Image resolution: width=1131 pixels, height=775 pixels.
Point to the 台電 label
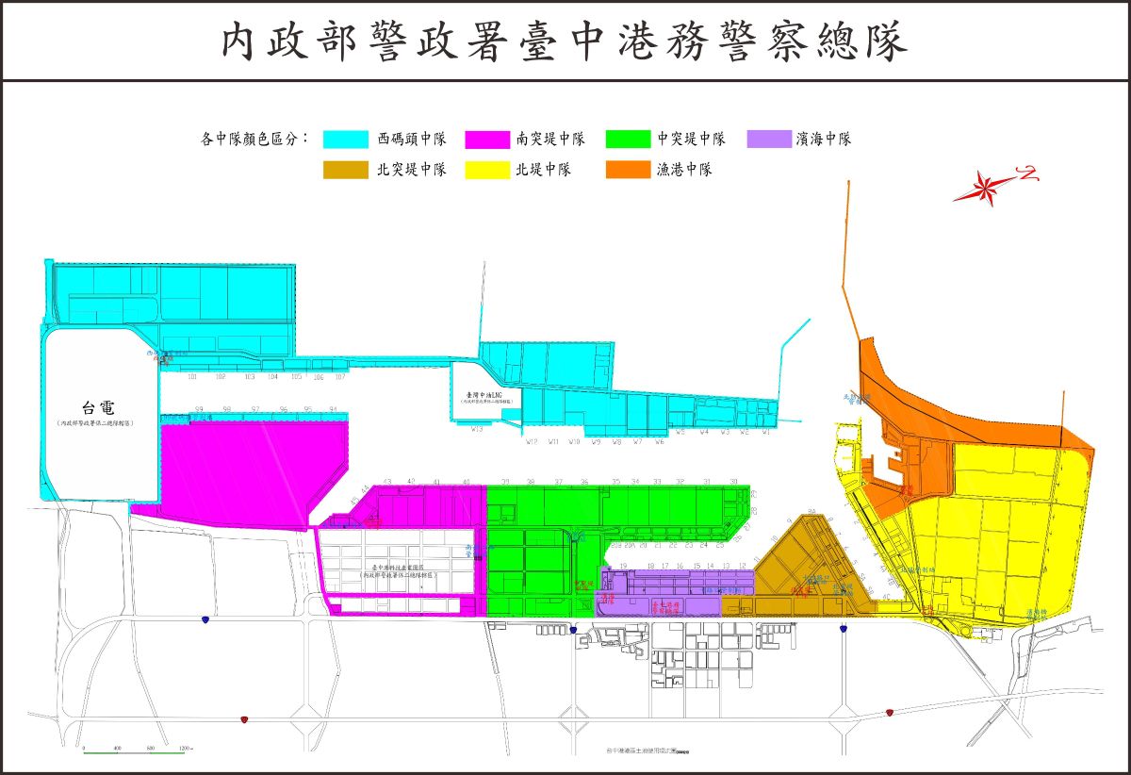coord(100,408)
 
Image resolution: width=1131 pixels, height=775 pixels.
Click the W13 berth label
coord(477,430)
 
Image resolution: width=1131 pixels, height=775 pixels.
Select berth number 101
coord(192,377)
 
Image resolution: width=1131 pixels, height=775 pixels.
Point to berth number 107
coord(340,377)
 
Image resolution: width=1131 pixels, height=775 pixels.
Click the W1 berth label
coord(766,433)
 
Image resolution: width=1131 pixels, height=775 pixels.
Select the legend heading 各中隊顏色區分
coord(254,139)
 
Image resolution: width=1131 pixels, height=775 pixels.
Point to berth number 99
coord(200,409)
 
